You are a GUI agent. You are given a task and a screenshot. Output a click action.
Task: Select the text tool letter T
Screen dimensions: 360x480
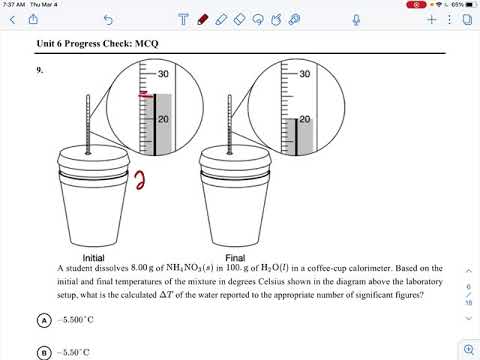pyautogui.click(x=183, y=18)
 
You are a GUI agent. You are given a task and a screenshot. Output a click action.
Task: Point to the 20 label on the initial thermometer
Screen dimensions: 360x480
pyautogui.click(x=164, y=119)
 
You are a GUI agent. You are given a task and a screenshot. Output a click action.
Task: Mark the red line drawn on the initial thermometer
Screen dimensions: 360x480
pyautogui.click(x=145, y=96)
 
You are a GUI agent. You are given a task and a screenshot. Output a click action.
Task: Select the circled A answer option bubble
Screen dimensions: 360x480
pyautogui.click(x=45, y=320)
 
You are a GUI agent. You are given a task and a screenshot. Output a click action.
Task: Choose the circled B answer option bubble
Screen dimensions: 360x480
pyautogui.click(x=45, y=352)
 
